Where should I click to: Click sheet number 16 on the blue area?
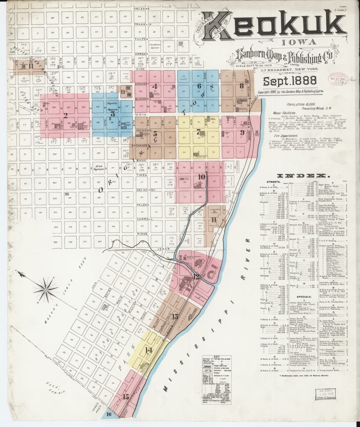pos(109,414)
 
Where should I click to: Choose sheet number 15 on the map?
pos(126,396)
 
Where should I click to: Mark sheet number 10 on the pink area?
pos(202,176)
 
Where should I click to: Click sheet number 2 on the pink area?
pos(65,115)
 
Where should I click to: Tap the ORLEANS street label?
pos(142,9)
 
